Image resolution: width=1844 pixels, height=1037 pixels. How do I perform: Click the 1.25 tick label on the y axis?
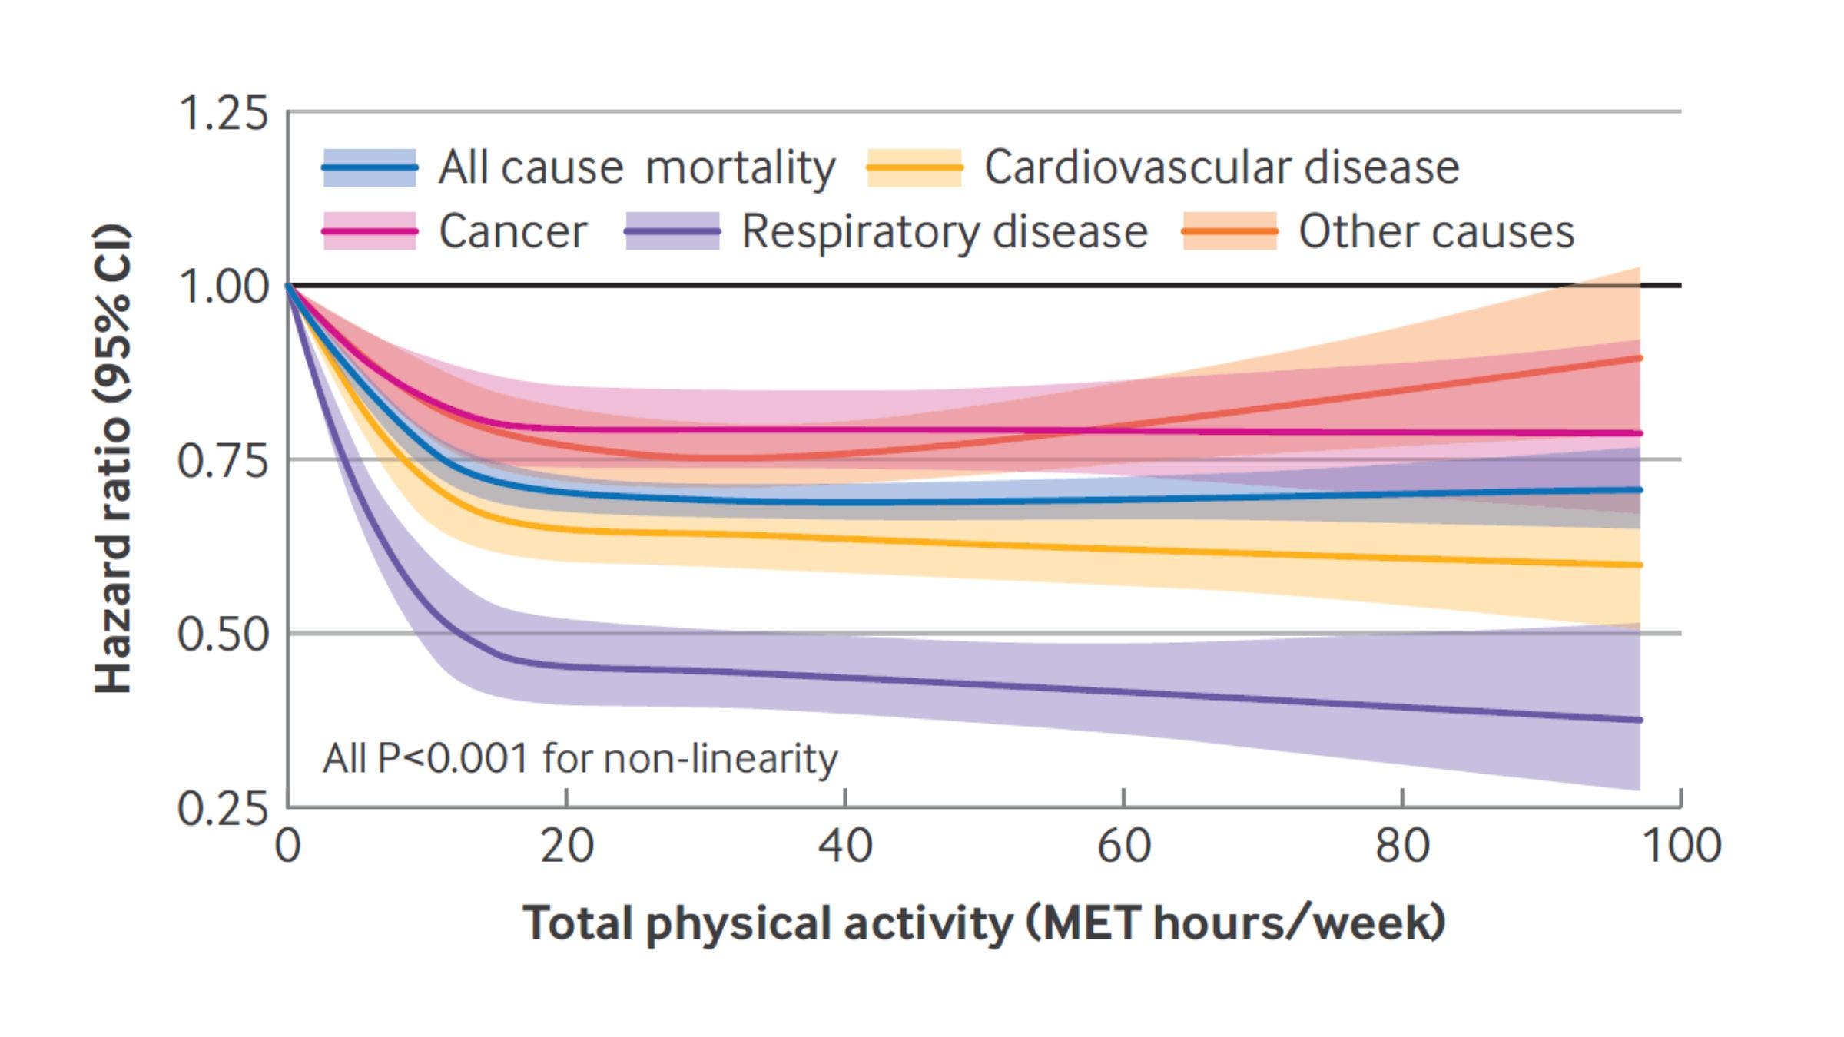tap(223, 114)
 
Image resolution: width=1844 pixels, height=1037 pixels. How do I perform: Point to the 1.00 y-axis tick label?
tap(223, 287)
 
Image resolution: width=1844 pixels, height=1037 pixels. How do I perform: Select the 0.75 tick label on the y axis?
tap(223, 461)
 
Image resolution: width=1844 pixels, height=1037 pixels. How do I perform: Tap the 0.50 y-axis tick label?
tap(223, 634)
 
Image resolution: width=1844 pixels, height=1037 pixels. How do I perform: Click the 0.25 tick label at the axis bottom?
tap(223, 808)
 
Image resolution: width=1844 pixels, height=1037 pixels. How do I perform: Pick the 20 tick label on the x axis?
tap(566, 846)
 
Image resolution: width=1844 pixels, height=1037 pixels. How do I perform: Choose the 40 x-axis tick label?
tap(844, 846)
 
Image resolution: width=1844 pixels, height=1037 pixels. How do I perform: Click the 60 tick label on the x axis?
tap(1123, 846)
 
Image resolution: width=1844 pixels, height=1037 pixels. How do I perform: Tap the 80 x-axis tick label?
tap(1401, 846)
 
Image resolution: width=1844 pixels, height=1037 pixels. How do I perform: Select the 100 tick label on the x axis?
tap(1680, 846)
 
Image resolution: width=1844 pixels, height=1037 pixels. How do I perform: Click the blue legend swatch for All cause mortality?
tap(370, 167)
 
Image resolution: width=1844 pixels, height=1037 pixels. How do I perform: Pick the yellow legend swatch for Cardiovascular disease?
tap(914, 167)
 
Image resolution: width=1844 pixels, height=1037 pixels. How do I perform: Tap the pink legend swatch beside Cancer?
tap(370, 231)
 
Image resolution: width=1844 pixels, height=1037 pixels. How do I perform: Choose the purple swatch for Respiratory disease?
tap(672, 231)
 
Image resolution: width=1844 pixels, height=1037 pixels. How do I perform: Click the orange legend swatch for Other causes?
tap(1229, 231)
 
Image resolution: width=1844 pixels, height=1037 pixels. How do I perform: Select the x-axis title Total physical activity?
tap(983, 923)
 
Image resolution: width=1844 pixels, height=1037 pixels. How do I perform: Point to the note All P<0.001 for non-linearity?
tap(580, 759)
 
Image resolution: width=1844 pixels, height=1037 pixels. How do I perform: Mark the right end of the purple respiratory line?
tap(1640, 721)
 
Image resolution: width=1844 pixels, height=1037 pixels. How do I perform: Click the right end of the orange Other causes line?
tap(1640, 358)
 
